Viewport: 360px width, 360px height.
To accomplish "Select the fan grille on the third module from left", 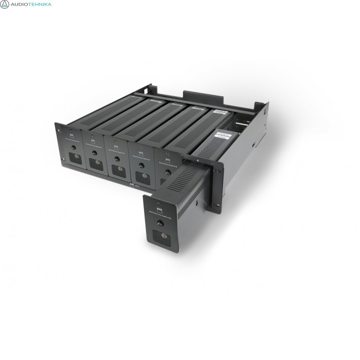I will pos(118,170).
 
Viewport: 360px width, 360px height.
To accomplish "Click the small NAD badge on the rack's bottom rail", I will pos(132,187).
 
